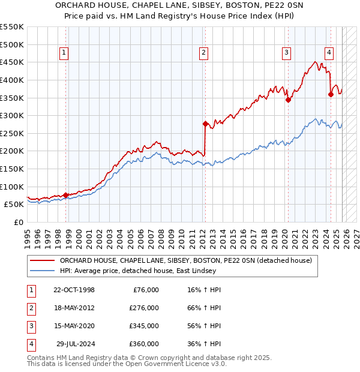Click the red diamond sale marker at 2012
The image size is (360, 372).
[x=205, y=124]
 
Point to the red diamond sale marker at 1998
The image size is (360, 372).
[x=65, y=195]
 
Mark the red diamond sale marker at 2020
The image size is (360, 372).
[x=288, y=100]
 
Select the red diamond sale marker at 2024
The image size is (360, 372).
[x=331, y=94]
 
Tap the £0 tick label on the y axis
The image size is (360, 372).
[x=18, y=222]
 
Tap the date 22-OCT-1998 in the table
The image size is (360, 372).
[x=74, y=290]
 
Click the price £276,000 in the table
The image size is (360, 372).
[x=144, y=308]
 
